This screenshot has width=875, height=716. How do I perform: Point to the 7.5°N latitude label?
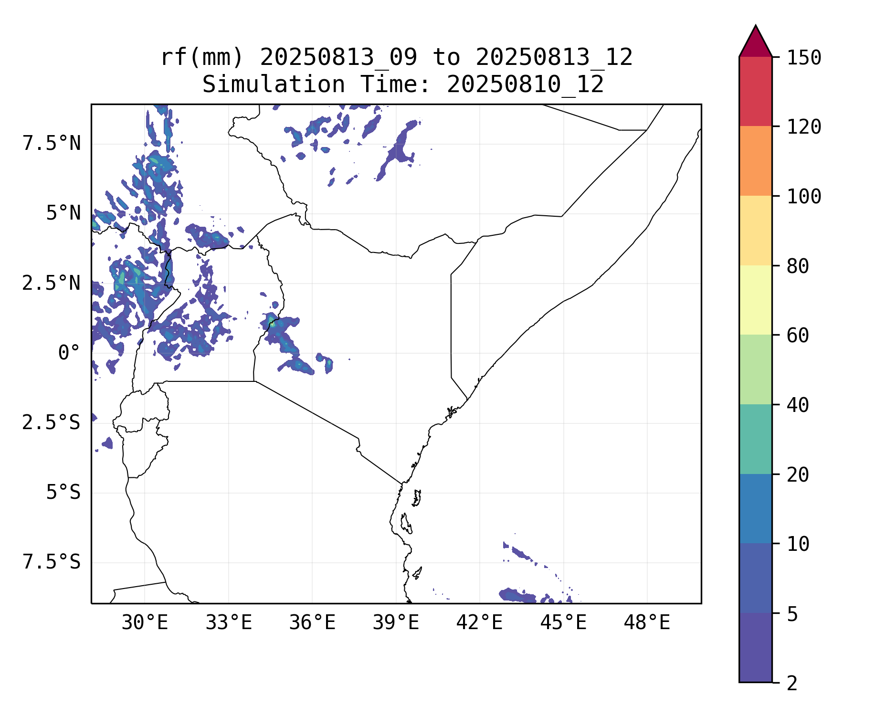[52, 143]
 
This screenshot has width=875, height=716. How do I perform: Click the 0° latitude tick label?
[69, 353]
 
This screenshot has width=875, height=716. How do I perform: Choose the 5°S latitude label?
[63, 493]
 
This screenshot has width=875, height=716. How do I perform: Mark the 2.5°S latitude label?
[51, 423]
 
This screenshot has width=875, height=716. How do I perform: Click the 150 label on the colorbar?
[804, 58]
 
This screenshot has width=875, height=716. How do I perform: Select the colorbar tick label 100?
[804, 196]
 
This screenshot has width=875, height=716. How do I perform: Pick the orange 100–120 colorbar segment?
[755, 161]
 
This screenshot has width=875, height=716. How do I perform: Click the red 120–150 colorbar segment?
[755, 91]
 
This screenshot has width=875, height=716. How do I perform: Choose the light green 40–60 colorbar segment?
[755, 369]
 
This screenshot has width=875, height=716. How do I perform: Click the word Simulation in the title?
[274, 85]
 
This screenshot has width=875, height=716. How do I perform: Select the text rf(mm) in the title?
[202, 58]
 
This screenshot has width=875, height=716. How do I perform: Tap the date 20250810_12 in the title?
[525, 85]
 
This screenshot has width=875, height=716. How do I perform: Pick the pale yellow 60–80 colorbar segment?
[755, 300]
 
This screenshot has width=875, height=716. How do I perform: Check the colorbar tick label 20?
[798, 475]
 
